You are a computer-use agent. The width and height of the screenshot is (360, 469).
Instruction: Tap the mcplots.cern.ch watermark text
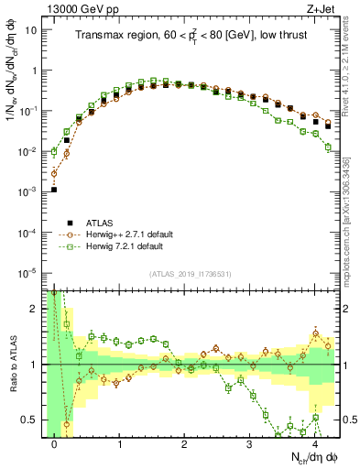tap(351, 211)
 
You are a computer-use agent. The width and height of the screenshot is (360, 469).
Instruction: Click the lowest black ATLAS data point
tap(54, 190)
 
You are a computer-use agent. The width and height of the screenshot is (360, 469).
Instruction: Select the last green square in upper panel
tap(328, 147)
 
